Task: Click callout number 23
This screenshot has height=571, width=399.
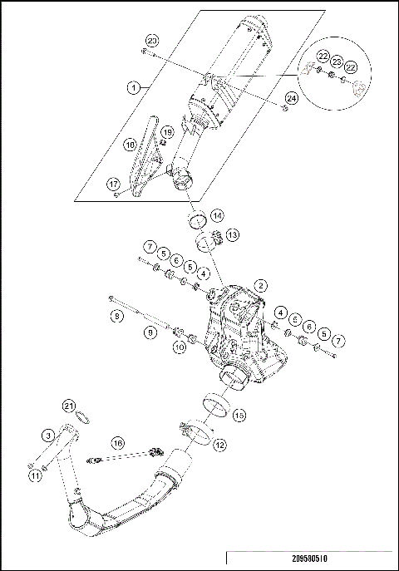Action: (151, 41)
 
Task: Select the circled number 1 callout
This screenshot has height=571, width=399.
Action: (132, 86)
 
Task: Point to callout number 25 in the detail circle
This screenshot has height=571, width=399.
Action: (337, 62)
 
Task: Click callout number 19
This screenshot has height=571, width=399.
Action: (166, 132)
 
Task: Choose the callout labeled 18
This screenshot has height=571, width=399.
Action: (131, 144)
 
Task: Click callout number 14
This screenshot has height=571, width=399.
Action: (217, 214)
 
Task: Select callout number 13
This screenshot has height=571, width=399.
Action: (234, 235)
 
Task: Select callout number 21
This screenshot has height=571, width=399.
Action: (69, 405)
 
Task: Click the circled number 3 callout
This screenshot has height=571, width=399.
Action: (49, 436)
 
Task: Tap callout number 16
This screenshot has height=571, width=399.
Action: (119, 445)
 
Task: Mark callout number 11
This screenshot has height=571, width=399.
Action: (34, 476)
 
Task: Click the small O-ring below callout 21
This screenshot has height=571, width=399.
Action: (81, 416)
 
